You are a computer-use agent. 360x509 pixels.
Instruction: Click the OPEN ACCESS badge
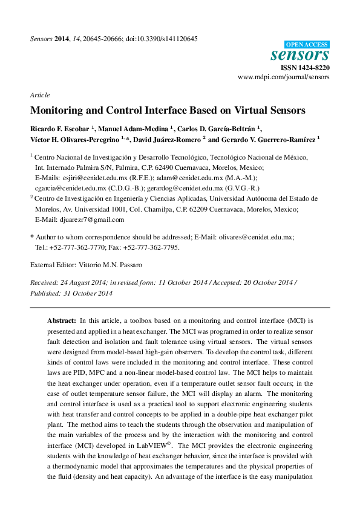[307, 44]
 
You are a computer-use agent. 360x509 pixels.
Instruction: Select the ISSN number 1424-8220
[315, 68]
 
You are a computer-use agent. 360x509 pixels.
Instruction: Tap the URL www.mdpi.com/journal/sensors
[284, 77]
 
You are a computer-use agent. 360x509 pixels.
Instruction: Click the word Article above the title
[39, 96]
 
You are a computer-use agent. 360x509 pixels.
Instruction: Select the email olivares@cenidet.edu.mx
[256, 238]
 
